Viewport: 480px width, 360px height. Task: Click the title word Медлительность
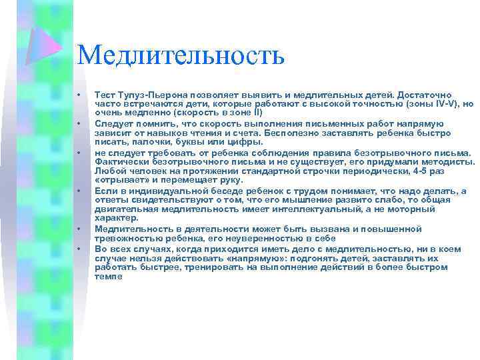pyautogui.click(x=180, y=55)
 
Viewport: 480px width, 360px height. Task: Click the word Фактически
pyautogui.click(x=118, y=161)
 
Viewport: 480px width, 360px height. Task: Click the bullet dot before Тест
pyautogui.click(x=79, y=96)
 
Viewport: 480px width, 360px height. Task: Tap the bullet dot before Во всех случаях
pyautogui.click(x=79, y=249)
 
